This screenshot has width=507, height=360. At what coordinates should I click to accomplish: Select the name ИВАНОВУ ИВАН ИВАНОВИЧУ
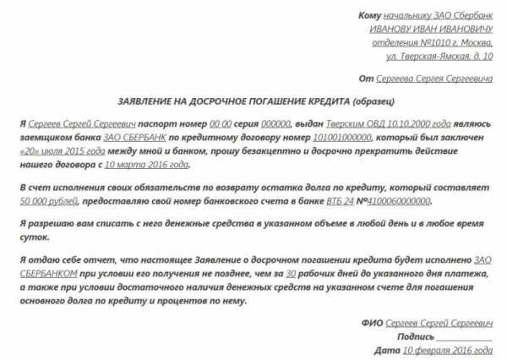pyautogui.click(x=430, y=30)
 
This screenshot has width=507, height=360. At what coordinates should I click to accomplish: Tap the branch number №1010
pyautogui.click(x=403, y=43)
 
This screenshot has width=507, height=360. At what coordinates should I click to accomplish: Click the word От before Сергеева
pyautogui.click(x=365, y=79)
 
